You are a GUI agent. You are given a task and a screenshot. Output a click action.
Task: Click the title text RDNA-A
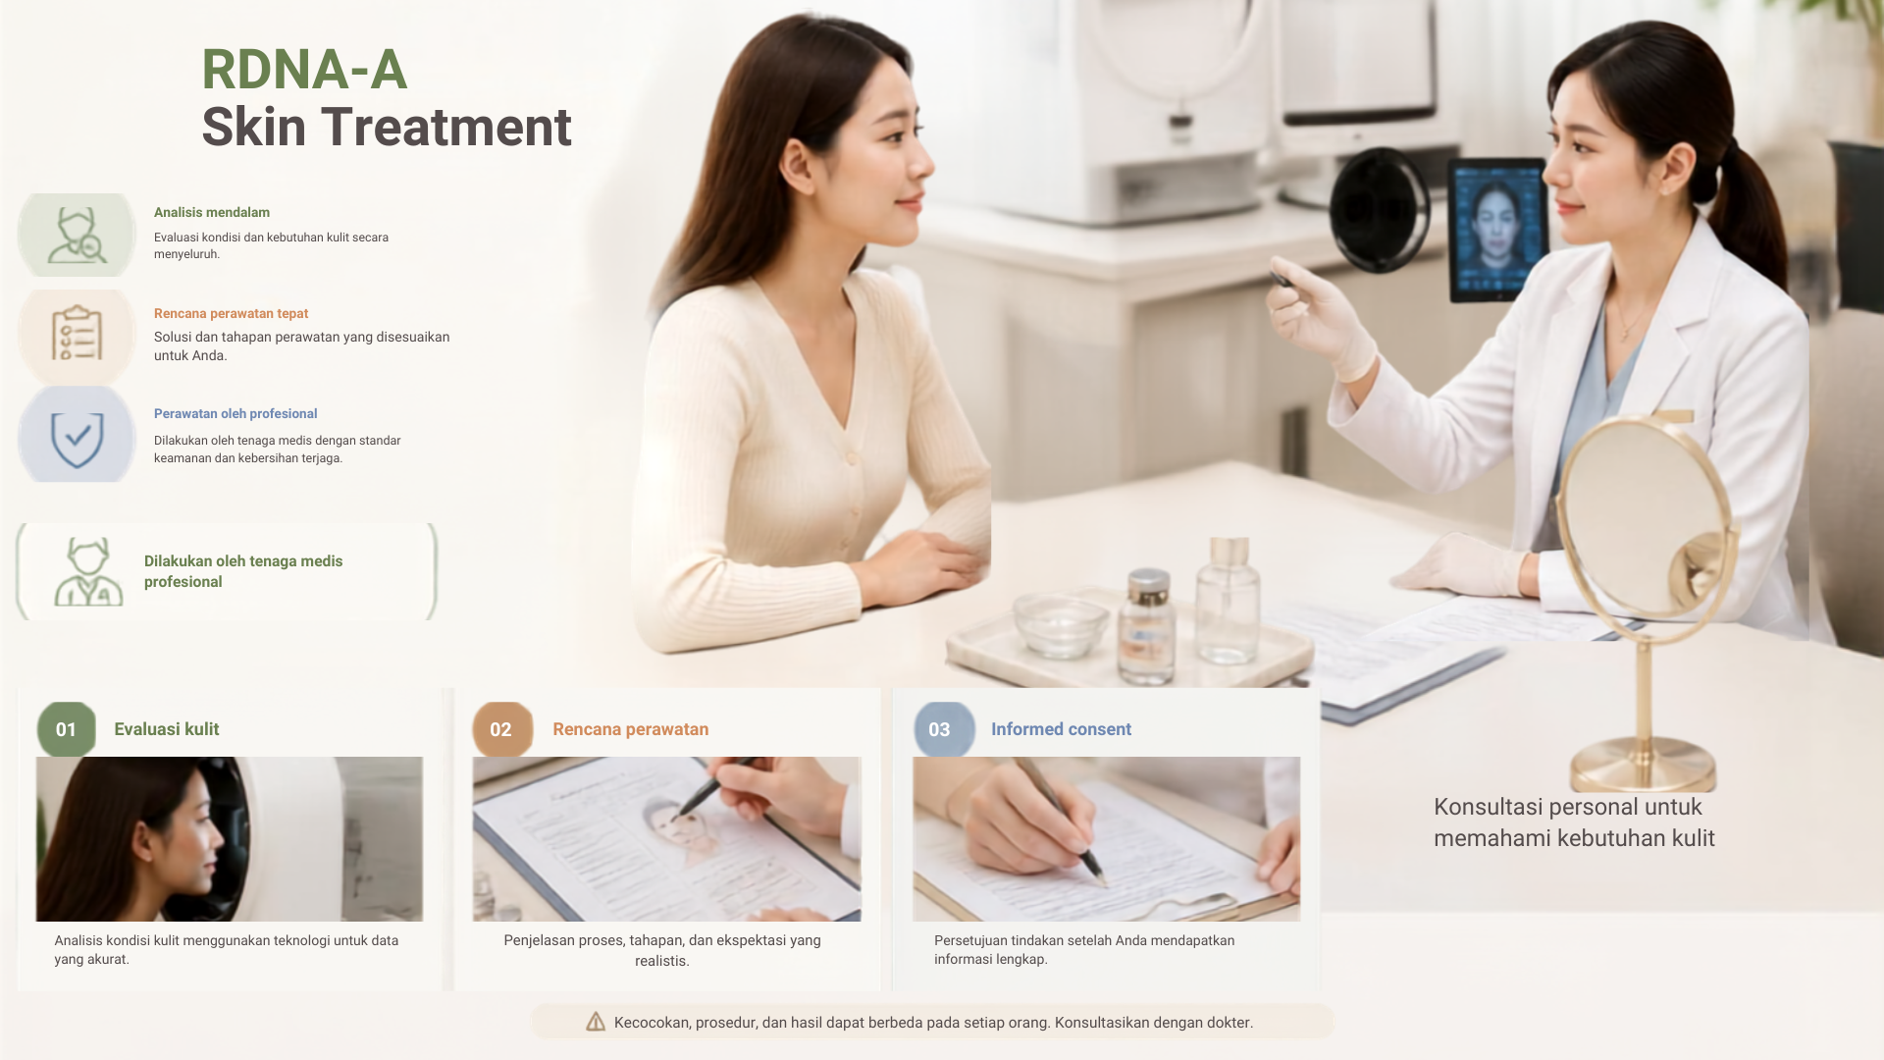click(x=304, y=70)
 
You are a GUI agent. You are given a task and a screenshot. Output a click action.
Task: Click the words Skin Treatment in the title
click(x=387, y=128)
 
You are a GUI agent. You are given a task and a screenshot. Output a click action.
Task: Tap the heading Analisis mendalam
click(x=212, y=212)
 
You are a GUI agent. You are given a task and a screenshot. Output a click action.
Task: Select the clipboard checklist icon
click(x=77, y=333)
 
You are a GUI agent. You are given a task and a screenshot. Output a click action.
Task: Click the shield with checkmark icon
click(x=78, y=439)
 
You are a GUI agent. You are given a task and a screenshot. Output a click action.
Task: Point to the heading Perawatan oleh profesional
click(x=235, y=413)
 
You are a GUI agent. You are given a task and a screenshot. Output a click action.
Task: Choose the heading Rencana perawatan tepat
click(x=231, y=313)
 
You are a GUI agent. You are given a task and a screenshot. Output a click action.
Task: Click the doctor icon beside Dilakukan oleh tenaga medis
click(x=88, y=571)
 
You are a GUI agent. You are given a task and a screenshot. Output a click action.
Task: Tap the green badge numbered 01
click(x=67, y=729)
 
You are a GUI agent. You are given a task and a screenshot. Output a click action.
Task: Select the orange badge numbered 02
click(x=502, y=729)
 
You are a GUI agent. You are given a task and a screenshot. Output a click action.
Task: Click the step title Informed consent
click(x=1061, y=729)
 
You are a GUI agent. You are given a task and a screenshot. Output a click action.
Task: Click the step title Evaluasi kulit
click(x=167, y=729)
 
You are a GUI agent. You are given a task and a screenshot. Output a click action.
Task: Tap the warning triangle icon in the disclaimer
click(x=596, y=1022)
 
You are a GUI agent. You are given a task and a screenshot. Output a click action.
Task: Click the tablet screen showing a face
click(x=1497, y=231)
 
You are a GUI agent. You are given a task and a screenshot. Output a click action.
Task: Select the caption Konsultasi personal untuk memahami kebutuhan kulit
click(x=1574, y=822)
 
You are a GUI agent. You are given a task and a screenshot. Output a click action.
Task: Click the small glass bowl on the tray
click(x=1061, y=624)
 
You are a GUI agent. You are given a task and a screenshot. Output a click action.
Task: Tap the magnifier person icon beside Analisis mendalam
click(x=77, y=236)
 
